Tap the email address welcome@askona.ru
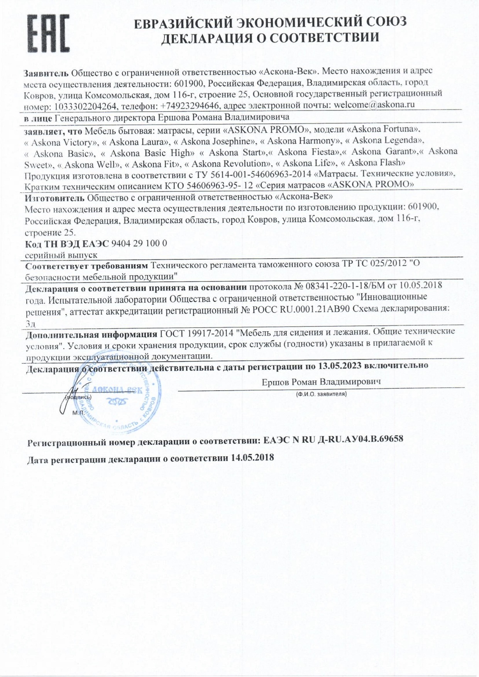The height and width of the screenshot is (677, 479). (x=374, y=105)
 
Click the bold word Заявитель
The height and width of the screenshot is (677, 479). (x=46, y=73)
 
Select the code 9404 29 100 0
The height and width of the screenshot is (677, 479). (x=139, y=243)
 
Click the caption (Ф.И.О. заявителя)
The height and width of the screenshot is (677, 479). (x=321, y=394)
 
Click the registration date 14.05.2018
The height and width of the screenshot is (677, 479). (x=252, y=458)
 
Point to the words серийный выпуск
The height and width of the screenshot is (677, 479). (x=61, y=255)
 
